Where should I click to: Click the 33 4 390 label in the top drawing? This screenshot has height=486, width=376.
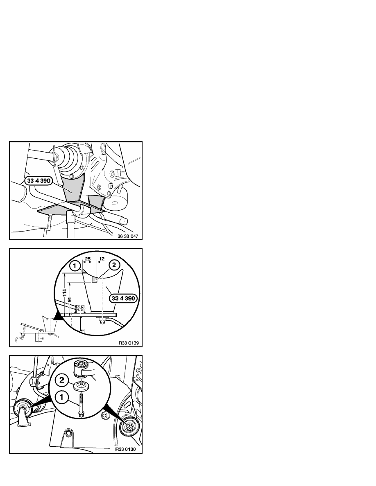pos(39,181)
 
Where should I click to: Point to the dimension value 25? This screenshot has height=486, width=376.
pos(88,259)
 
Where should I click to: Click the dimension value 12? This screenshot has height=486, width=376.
pos(102,259)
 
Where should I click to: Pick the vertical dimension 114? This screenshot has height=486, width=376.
pos(65,293)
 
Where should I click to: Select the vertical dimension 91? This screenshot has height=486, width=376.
pos(70,299)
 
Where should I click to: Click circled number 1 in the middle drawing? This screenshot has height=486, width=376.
pos(75,265)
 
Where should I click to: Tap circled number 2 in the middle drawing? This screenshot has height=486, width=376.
pos(114,265)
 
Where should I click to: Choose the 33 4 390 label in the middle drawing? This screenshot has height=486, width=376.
pos(123,298)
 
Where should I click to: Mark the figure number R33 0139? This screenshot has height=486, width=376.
pos(129,343)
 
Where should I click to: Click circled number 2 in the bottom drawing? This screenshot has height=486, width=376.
pos(62,380)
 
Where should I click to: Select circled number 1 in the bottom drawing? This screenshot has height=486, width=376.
pos(62,397)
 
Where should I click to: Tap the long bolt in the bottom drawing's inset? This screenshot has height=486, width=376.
pos(81,405)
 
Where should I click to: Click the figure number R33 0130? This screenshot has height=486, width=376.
pos(125,449)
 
